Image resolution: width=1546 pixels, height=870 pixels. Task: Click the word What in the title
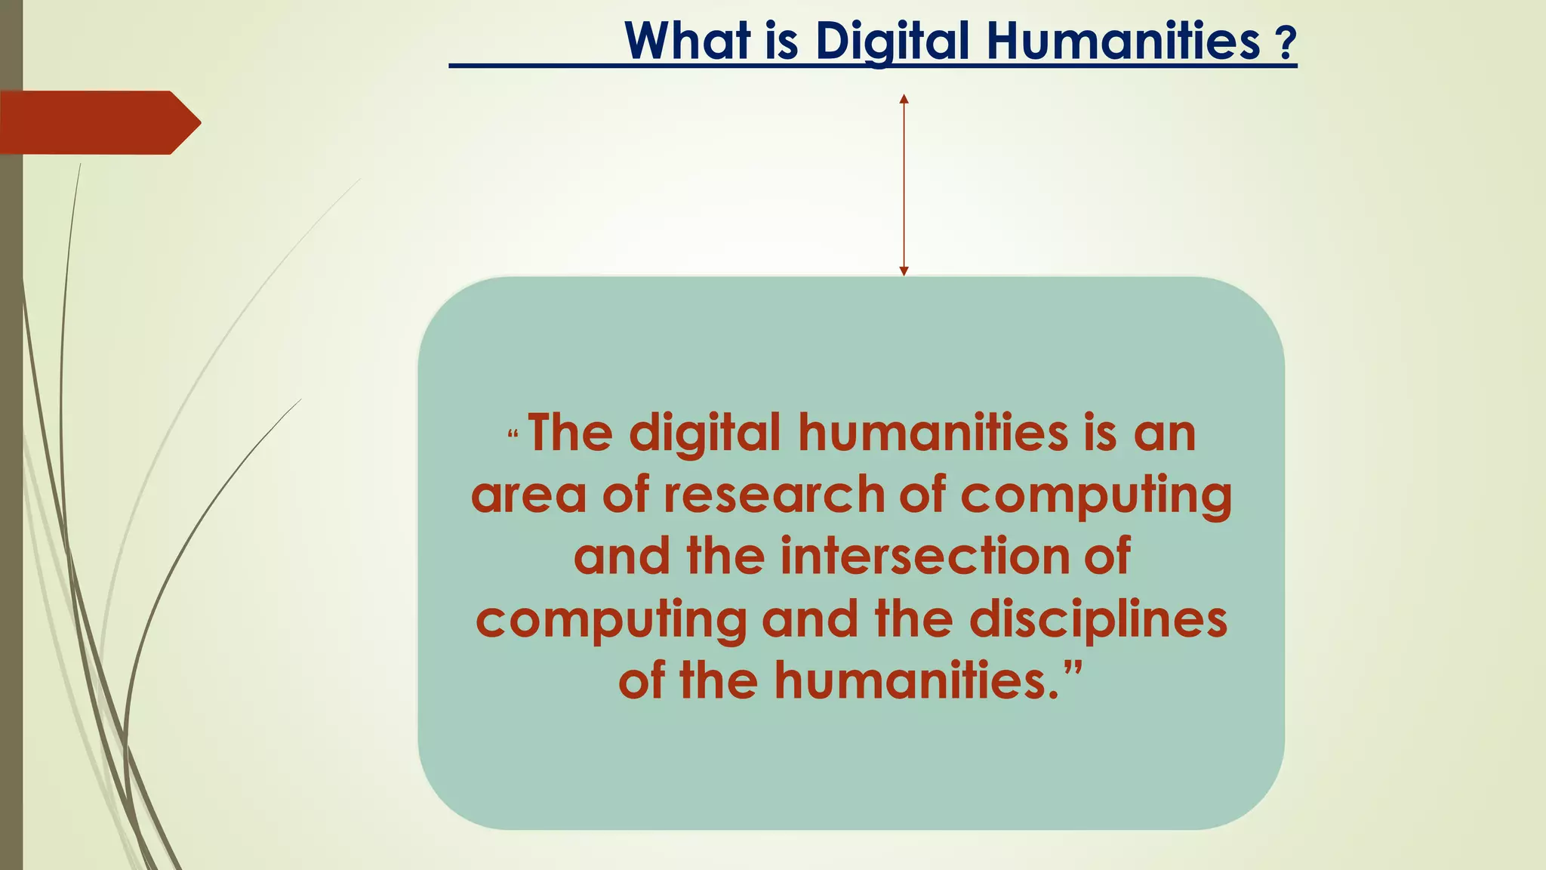pos(688,41)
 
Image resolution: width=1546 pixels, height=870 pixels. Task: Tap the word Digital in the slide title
pos(892,41)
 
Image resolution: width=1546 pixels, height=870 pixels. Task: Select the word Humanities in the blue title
pos(1123,41)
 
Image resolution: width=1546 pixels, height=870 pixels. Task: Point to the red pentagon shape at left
pos(98,122)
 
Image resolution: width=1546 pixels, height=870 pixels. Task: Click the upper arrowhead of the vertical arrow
pos(904,99)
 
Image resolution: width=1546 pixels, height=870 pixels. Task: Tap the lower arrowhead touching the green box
pos(904,270)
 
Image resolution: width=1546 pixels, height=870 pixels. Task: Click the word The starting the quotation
pos(570,433)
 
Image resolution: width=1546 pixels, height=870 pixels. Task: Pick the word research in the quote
pos(774,495)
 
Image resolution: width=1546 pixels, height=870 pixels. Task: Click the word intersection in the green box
pos(925,557)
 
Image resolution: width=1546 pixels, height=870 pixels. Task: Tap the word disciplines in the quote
pos(1098,619)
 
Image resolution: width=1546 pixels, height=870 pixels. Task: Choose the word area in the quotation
pos(528,495)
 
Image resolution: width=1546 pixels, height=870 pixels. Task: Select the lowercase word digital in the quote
pos(705,433)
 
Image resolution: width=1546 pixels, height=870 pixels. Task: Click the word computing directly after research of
pos(1095,495)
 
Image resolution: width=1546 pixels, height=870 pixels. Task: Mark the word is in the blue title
pos(781,41)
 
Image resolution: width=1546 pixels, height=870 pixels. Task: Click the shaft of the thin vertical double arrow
pos(904,185)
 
